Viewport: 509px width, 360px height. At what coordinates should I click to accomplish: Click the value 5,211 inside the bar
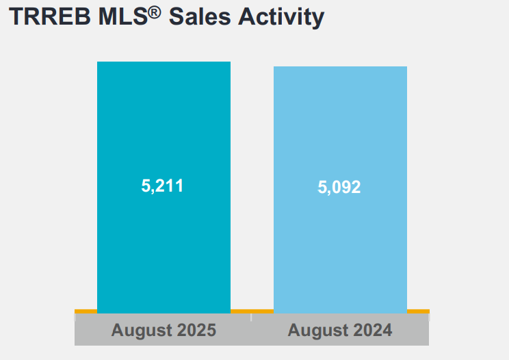tap(162, 185)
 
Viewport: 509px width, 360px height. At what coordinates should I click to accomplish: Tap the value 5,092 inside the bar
tap(339, 188)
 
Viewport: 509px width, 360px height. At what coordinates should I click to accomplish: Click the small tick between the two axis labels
tap(251, 317)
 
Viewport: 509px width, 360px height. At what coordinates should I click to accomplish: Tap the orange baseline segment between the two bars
tap(252, 311)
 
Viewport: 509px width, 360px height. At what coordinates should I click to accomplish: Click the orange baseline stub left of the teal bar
tap(86, 311)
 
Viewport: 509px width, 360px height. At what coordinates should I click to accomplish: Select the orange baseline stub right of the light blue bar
tap(418, 311)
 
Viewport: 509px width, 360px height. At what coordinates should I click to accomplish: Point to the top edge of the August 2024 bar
tap(340, 67)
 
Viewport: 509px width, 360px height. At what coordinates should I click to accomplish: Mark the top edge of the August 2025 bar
tap(164, 62)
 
